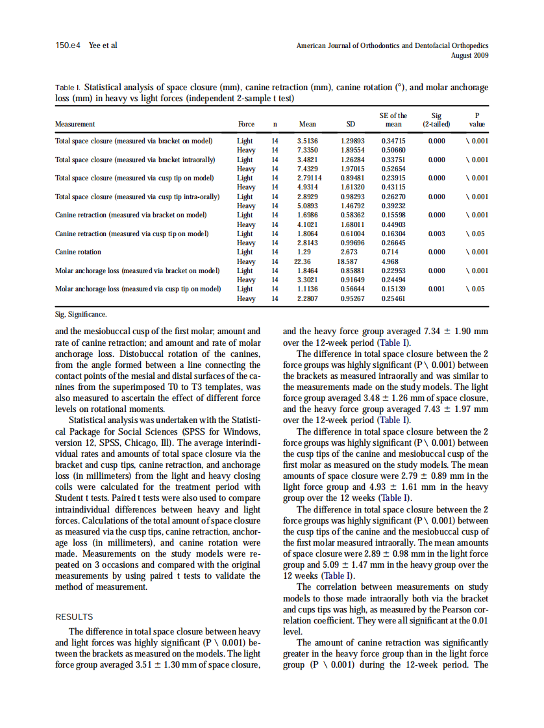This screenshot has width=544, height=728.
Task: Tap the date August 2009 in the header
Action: click(469, 55)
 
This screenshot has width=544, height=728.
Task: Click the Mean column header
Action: click(307, 124)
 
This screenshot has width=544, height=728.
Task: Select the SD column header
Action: click(351, 124)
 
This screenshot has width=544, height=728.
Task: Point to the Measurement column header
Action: click(75, 124)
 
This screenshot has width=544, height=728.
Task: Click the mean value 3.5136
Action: click(307, 140)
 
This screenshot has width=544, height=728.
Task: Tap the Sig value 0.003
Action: click(436, 234)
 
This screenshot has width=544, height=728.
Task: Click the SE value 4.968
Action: click(389, 261)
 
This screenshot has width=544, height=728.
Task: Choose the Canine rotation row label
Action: click(78, 252)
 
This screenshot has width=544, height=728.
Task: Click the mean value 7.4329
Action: click(307, 168)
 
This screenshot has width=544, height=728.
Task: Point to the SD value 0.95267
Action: click(352, 298)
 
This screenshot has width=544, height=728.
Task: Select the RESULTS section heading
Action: click(74, 617)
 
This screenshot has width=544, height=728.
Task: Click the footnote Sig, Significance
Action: click(81, 315)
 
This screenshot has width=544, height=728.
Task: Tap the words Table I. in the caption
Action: click(69, 87)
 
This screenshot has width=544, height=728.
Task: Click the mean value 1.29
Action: click(303, 252)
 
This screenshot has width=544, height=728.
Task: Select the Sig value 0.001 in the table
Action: click(436, 289)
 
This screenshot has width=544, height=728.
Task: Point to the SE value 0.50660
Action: click(393, 149)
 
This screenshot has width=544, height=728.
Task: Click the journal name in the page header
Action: click(392, 46)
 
